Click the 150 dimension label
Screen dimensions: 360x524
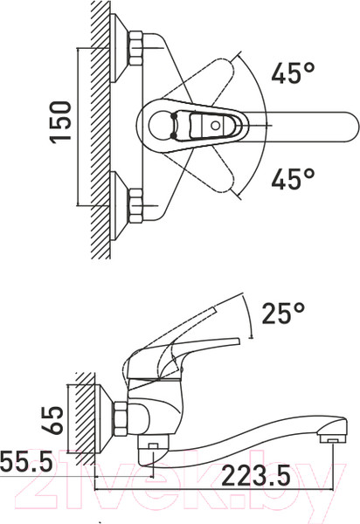tap(61, 122)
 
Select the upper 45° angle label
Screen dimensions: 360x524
tap(293, 72)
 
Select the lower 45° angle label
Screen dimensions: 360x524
tap(293, 178)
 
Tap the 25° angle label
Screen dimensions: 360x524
tap(283, 314)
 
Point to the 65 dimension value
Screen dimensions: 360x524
tap(52, 420)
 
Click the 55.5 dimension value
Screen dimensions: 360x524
tap(26, 460)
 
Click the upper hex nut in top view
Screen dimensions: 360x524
tap(135, 48)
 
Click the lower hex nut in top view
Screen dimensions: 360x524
tap(135, 205)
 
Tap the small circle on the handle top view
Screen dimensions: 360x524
tap(216, 126)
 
